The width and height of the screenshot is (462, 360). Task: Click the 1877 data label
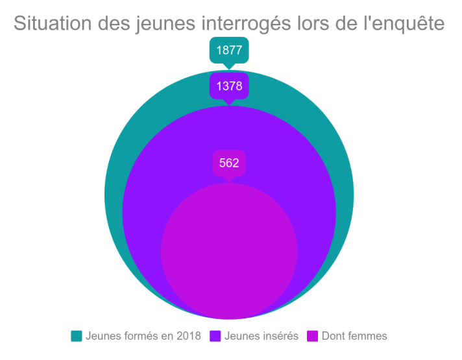[229, 51]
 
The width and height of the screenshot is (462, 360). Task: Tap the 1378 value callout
[229, 86]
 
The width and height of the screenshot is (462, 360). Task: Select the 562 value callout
[229, 163]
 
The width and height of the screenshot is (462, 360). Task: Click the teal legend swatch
[77, 336]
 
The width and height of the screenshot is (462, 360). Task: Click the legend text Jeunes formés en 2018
[143, 336]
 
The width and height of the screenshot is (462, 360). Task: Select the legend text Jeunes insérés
[261, 336]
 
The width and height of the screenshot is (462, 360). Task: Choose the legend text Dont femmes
[354, 336]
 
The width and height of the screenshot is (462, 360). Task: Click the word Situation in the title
[55, 23]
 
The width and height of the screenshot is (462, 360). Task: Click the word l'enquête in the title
[405, 23]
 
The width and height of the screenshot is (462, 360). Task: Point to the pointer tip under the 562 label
[229, 182]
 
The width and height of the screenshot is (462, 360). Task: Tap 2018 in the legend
[188, 336]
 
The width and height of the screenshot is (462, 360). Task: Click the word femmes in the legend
[367, 336]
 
